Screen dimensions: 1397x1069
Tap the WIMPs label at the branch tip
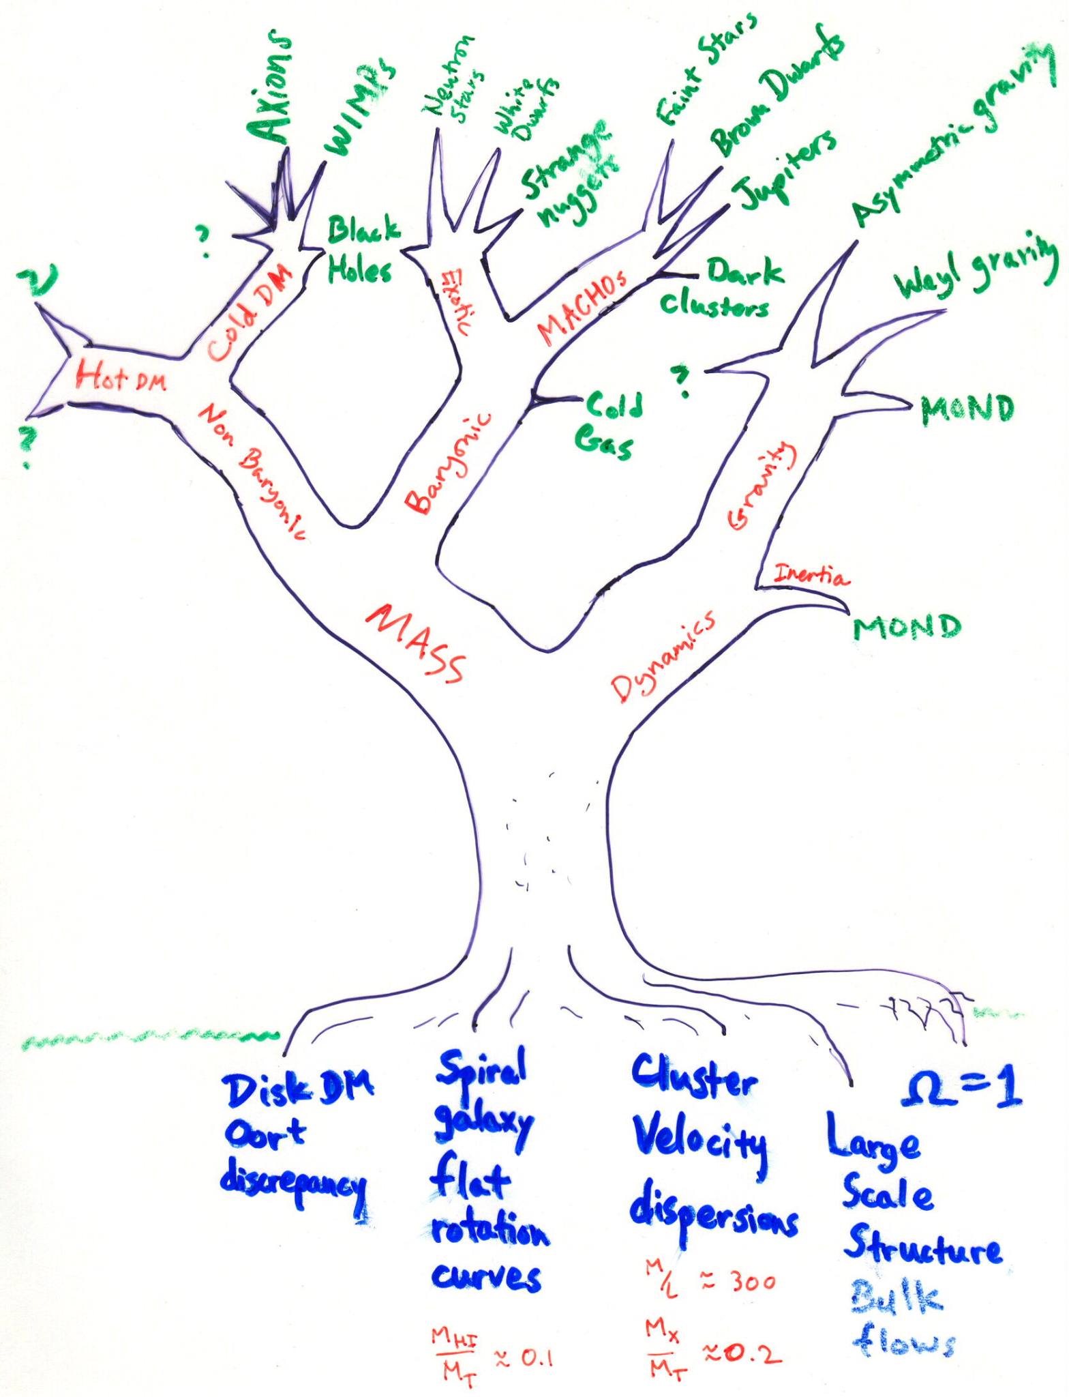pyautogui.click(x=359, y=109)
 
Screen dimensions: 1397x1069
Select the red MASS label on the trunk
pyautogui.click(x=416, y=641)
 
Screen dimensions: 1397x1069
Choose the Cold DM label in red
pyautogui.click(x=248, y=311)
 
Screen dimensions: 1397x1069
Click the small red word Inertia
pyautogui.click(x=811, y=576)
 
